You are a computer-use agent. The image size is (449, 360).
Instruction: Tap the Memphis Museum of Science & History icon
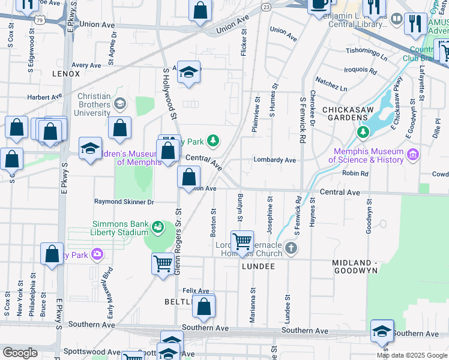pos(412,155)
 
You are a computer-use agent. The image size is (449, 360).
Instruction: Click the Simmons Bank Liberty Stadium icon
pos(157,227)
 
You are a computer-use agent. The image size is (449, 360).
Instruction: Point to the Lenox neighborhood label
pos(66,74)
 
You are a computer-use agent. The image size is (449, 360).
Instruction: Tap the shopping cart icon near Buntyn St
pos(242,242)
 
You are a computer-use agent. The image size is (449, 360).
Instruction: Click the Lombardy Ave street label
pos(275,160)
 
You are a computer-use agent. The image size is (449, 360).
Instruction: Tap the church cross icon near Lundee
pos(291,248)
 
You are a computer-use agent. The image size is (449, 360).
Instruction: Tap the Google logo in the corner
pos(20,352)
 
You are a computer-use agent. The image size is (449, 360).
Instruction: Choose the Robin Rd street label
pos(355,173)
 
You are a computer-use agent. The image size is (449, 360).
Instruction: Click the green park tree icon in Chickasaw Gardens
pos(362,131)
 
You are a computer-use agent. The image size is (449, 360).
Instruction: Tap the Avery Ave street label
pos(86,65)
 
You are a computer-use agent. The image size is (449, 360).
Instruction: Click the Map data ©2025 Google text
pos(411,355)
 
